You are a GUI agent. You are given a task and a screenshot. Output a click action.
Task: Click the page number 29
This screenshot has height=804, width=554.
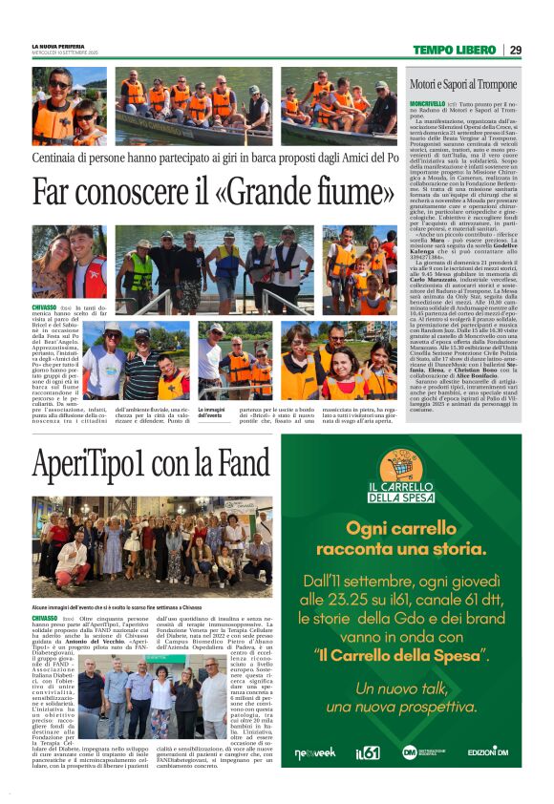tap(516, 50)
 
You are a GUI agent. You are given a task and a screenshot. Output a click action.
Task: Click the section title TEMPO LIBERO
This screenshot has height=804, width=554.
tap(455, 50)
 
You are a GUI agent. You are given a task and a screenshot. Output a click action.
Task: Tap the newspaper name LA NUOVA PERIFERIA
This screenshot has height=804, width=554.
tap(65, 45)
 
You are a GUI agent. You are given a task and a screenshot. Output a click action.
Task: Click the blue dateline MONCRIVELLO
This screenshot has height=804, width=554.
tap(426, 103)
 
